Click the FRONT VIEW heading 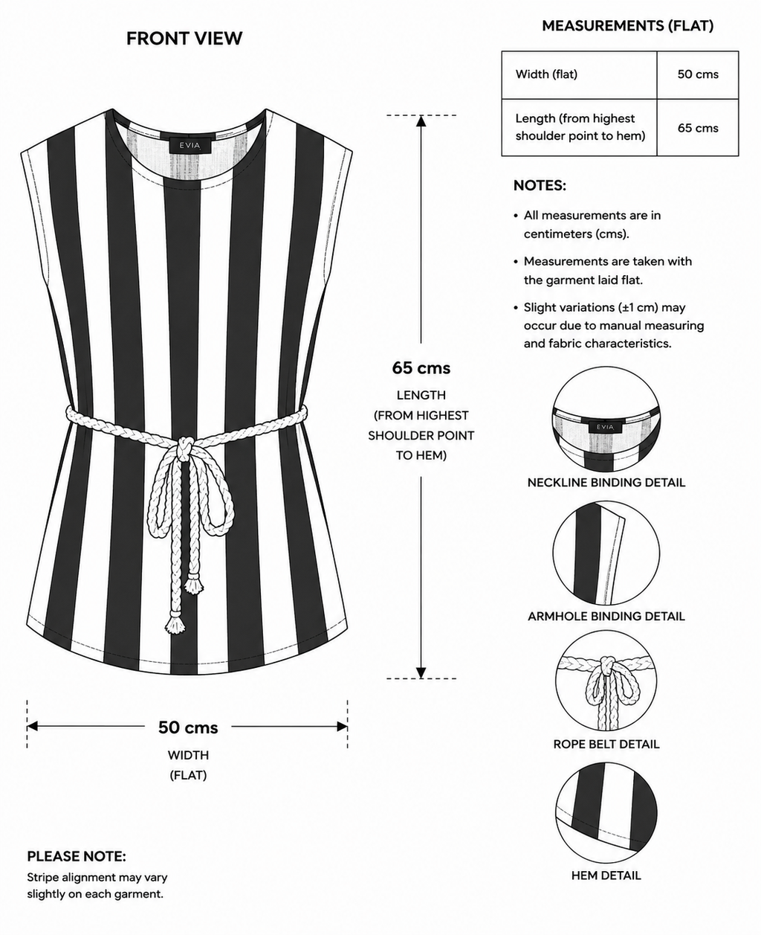(184, 39)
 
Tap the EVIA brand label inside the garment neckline (190, 145)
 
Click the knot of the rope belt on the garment (184, 449)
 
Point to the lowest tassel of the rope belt (175, 623)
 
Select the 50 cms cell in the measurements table (698, 74)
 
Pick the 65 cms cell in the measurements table (698, 128)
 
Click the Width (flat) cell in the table (580, 74)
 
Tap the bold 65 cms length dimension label (421, 368)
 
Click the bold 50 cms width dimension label (188, 727)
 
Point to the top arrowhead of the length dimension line (421, 121)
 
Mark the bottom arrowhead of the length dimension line (421, 672)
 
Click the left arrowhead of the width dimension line (33, 727)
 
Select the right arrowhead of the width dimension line (342, 727)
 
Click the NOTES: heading (540, 185)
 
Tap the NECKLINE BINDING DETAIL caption (606, 483)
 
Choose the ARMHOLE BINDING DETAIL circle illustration (606, 553)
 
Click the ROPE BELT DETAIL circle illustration (606, 681)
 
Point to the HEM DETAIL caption (606, 875)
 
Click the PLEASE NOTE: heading (77, 856)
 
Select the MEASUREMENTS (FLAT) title (628, 26)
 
